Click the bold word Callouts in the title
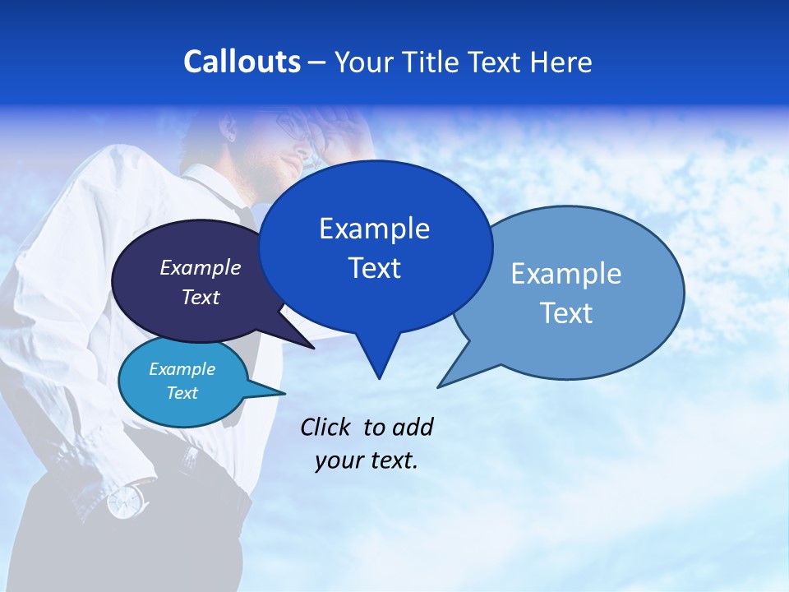242,62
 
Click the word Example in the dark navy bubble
201,267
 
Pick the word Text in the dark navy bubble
201,297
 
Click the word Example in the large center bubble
374,229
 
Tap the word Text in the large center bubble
374,268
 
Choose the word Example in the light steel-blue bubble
566,274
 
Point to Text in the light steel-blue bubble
566,313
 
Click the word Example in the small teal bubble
182,369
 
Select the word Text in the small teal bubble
182,393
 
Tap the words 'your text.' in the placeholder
367,460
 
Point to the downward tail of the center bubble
378,362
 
